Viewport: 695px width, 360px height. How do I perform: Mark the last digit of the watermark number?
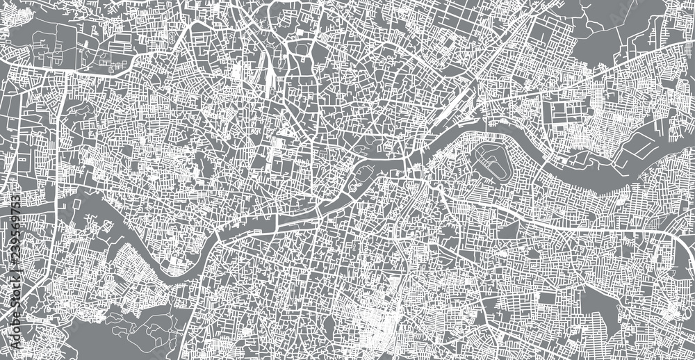[x=15, y=199]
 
